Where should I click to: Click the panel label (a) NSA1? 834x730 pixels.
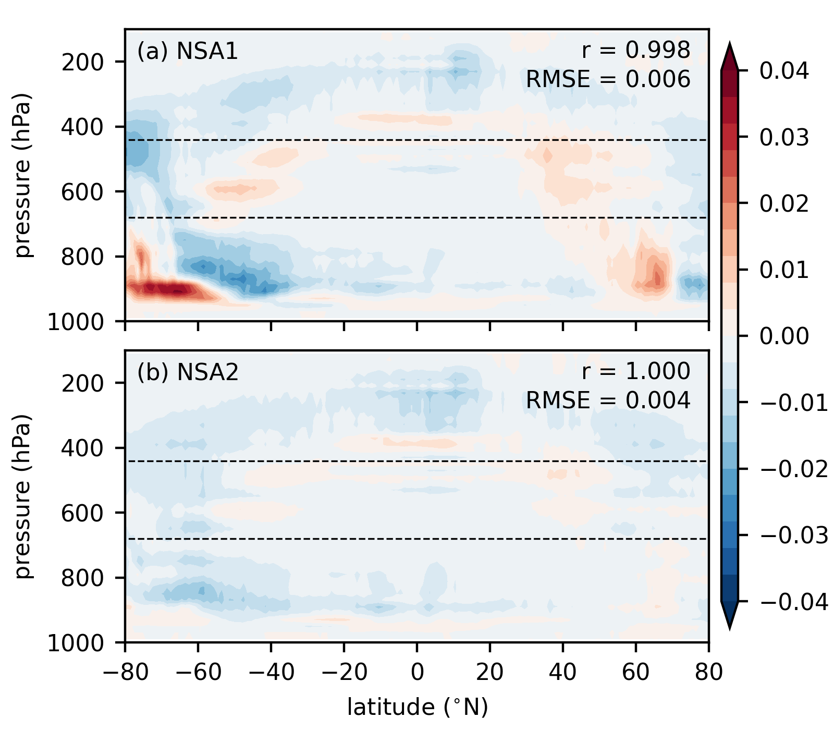pyautogui.click(x=187, y=51)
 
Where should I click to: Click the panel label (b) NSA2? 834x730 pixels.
pyautogui.click(x=188, y=372)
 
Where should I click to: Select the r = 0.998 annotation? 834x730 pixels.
pyautogui.click(x=636, y=50)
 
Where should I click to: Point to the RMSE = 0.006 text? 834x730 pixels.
pyautogui.click(x=608, y=79)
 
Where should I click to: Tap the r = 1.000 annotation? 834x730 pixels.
pyautogui.click(x=636, y=371)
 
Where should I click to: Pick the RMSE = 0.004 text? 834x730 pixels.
pyautogui.click(x=608, y=400)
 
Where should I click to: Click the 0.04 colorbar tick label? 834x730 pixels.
pyautogui.click(x=784, y=71)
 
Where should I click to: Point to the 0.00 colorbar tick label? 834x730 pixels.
pyautogui.click(x=784, y=336)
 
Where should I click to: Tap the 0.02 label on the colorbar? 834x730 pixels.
pyautogui.click(x=784, y=203)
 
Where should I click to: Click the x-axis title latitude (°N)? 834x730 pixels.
pyautogui.click(x=418, y=707)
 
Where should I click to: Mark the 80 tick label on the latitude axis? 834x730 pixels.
pyautogui.click(x=708, y=673)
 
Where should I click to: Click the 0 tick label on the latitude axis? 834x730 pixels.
pyautogui.click(x=417, y=673)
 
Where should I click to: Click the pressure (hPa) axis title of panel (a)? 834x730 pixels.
pyautogui.click(x=22, y=175)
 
